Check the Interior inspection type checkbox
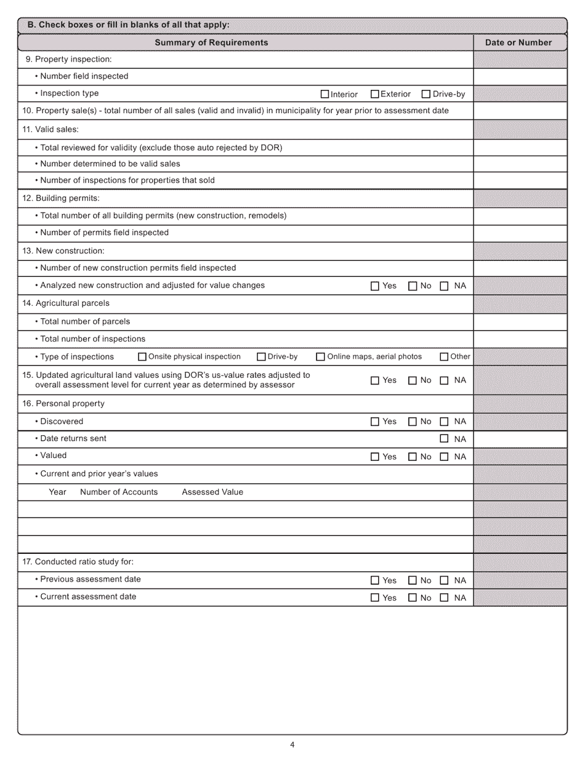point(325,94)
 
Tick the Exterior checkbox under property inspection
point(374,94)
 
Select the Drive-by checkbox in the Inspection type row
point(426,94)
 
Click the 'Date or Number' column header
point(518,42)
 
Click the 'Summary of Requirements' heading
point(211,42)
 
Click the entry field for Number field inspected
point(520,76)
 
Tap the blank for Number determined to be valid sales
point(520,164)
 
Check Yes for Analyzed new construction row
point(375,286)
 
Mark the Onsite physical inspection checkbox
point(142,356)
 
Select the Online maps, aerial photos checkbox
point(320,356)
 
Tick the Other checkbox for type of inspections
point(444,356)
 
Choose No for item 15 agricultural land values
point(413,380)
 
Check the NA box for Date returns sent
point(444,439)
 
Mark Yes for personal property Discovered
point(375,422)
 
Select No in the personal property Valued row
point(413,457)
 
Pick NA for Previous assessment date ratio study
point(444,580)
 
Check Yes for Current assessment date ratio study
point(375,598)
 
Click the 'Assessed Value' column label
point(212,492)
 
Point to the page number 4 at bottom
point(292,745)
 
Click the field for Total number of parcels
point(520,321)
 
